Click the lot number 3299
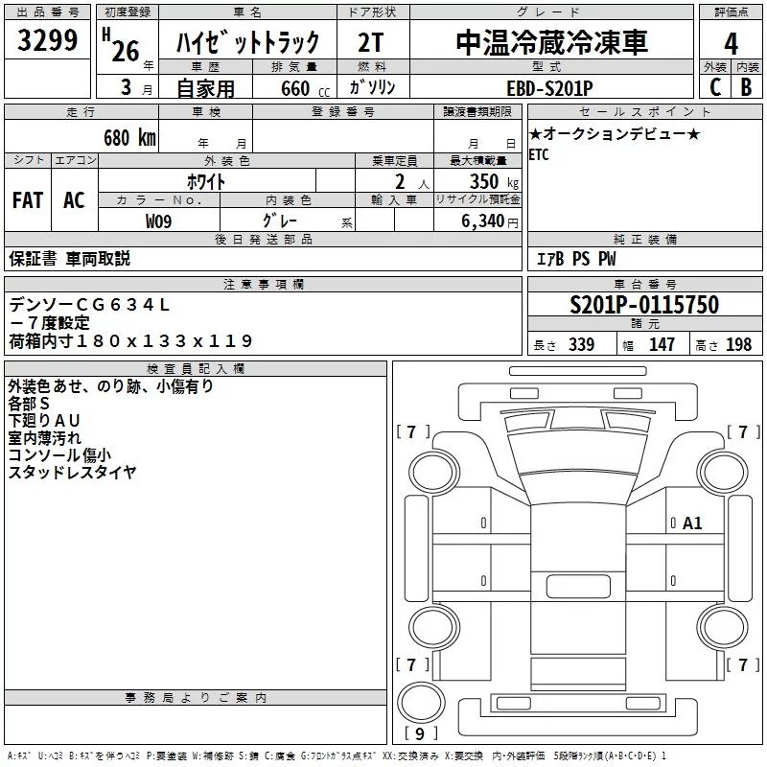47,40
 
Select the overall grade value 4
731,44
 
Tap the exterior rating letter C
715,87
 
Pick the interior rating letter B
747,87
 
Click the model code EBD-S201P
549,88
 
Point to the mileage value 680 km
129,138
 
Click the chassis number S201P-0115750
644,305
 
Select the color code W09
158,221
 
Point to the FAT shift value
28,200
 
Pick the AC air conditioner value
74,200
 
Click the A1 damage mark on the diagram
692,523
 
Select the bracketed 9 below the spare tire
420,733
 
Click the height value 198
738,344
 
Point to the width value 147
662,344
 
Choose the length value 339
581,344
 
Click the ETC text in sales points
539,155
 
